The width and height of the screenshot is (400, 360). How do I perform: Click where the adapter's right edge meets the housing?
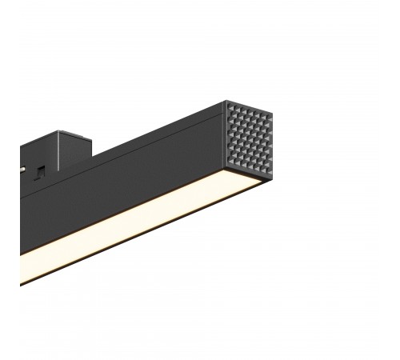pyautogui.click(x=95, y=155)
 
